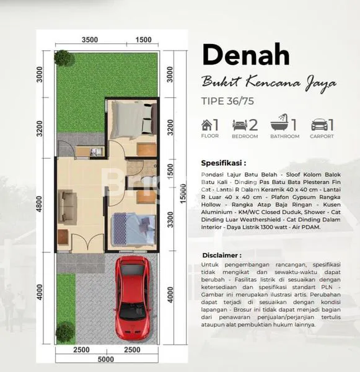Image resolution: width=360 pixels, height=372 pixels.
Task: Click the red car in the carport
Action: (133, 290)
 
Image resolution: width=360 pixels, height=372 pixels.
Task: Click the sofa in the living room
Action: (68, 207)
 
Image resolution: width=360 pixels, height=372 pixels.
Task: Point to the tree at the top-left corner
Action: (63, 58)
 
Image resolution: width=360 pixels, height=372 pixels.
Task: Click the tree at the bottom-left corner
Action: (64, 333)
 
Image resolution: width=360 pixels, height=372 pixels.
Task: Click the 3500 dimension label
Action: (90, 40)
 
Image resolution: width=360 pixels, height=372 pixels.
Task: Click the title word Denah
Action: (245, 56)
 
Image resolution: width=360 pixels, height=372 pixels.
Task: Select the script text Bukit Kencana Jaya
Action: (269, 81)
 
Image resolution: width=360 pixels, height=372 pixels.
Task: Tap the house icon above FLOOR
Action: (207, 125)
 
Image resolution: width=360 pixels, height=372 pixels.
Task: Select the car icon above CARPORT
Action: (319, 125)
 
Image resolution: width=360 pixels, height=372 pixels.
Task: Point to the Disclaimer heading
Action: (222, 255)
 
